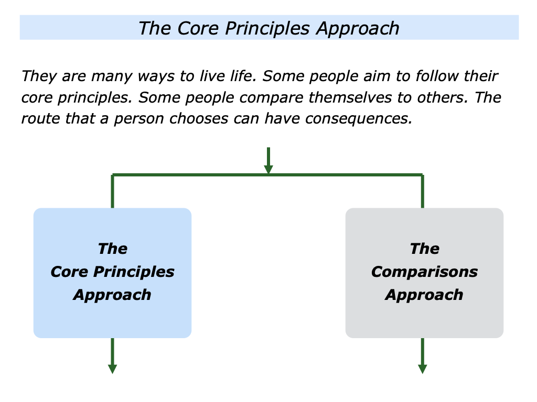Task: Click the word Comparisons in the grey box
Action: point(424,272)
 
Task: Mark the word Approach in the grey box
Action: point(424,295)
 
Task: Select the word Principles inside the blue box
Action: point(134,272)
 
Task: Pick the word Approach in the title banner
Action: point(358,28)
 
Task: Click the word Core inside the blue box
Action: point(70,272)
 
